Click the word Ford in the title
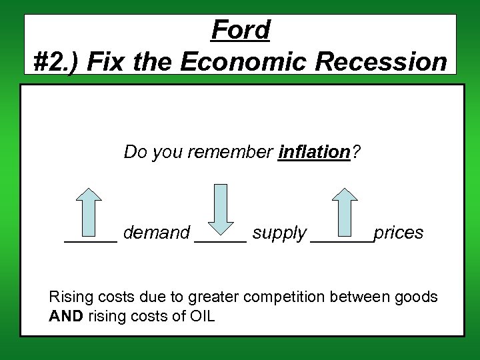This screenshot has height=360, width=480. pyautogui.click(x=241, y=30)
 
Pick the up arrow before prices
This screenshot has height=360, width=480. pyautogui.click(x=345, y=212)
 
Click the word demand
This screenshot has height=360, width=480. pyautogui.click(x=157, y=233)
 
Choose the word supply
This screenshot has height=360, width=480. pyautogui.click(x=279, y=233)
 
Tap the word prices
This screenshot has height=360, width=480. pyautogui.click(x=398, y=233)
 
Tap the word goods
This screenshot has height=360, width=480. pyautogui.click(x=416, y=297)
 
